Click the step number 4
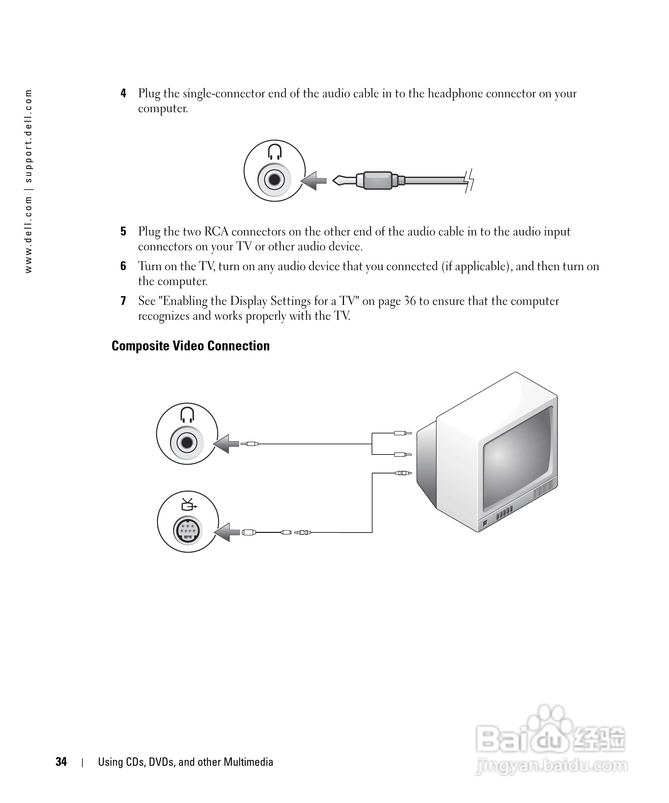123,93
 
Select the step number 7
123,301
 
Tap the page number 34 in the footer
61,762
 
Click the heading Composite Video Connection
190,346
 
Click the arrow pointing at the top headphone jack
315,181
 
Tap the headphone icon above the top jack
274,151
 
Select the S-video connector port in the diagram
187,530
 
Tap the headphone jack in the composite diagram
187,442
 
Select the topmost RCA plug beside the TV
402,433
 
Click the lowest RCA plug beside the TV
403,473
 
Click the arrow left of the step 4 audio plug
315,181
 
